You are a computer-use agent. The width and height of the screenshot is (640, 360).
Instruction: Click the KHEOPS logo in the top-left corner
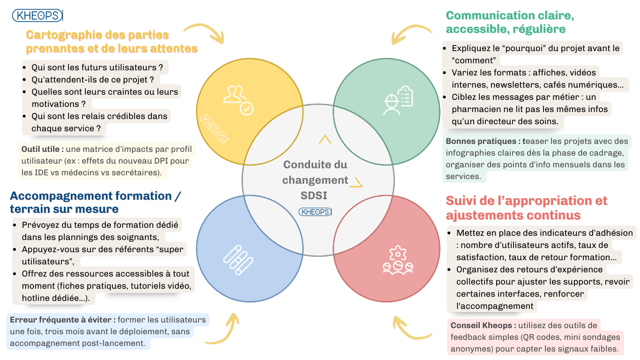[x=37, y=15]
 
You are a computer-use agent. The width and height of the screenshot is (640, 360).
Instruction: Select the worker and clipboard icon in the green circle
[x=398, y=100]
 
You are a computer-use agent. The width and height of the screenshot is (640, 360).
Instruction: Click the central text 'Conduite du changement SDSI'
[x=315, y=180]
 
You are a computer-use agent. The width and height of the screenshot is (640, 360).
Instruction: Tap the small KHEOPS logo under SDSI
[x=315, y=212]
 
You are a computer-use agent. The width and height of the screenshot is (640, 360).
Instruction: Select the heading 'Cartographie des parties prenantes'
[x=112, y=41]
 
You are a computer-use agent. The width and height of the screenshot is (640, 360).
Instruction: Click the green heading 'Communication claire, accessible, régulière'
[x=510, y=22]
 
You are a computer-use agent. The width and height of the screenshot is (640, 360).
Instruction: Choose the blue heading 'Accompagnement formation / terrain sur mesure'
[x=95, y=202]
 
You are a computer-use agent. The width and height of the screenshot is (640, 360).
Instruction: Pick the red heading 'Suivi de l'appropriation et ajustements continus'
[x=526, y=208]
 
